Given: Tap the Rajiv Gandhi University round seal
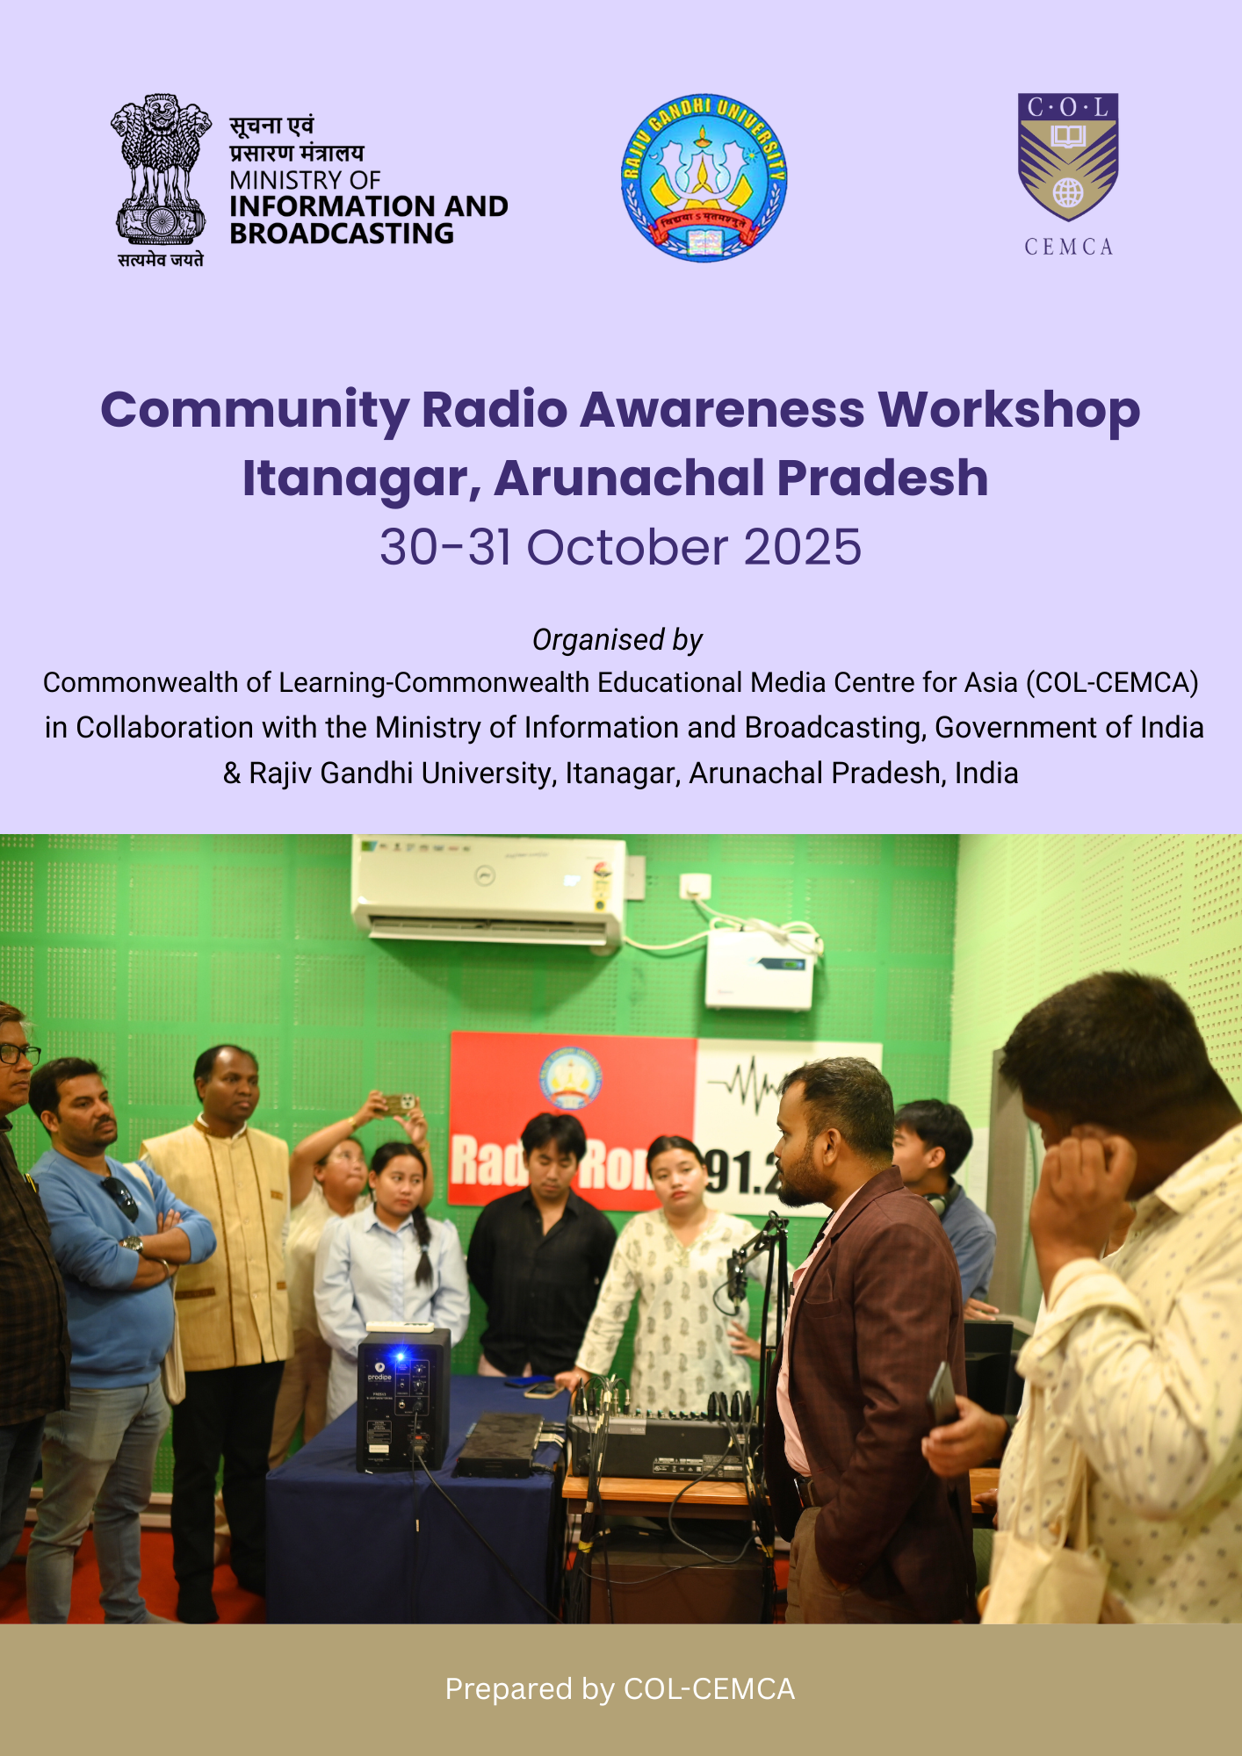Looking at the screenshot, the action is coord(704,177).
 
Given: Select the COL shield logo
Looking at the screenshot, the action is coord(1068,157).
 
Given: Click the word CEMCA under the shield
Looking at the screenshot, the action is coord(1068,247).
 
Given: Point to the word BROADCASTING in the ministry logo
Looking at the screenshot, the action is coord(342,234).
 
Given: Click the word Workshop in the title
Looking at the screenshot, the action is coord(1009,411).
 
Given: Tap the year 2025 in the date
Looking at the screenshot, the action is coord(803,547).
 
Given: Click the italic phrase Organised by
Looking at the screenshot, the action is coord(617,640).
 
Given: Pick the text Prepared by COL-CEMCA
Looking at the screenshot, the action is coord(620,1688).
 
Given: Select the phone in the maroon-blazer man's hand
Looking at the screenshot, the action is coord(942,1395).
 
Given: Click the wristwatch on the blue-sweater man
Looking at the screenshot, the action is coord(133,1243).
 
